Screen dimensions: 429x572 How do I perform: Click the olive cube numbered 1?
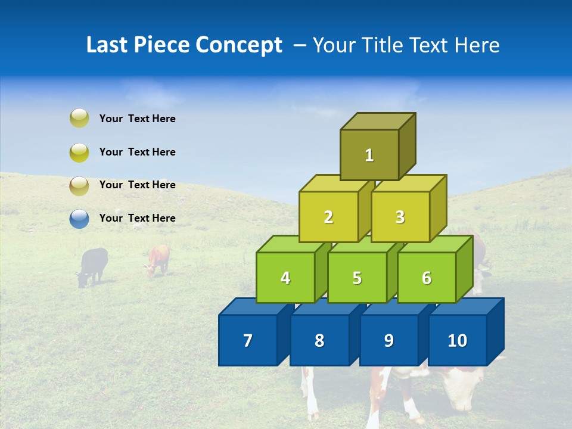[369, 155]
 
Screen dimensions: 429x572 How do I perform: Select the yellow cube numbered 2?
[328, 217]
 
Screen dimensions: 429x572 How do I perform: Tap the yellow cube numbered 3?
[400, 217]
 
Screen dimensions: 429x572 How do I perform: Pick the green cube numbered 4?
[285, 278]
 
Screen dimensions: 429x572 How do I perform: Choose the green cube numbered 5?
[356, 278]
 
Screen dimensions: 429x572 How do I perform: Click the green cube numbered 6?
[427, 278]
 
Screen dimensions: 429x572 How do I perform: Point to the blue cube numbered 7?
[248, 340]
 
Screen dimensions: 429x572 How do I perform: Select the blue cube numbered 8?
[319, 340]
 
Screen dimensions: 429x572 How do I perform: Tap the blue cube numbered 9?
[388, 340]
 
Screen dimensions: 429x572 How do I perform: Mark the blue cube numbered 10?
[457, 340]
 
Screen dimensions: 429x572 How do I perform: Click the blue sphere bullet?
[79, 219]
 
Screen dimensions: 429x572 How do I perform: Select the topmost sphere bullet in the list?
[79, 119]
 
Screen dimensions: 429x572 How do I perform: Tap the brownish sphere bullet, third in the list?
[79, 185]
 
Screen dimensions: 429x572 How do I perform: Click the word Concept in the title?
[239, 45]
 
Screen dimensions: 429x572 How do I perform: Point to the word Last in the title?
[107, 45]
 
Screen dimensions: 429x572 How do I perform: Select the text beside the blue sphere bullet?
[137, 218]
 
